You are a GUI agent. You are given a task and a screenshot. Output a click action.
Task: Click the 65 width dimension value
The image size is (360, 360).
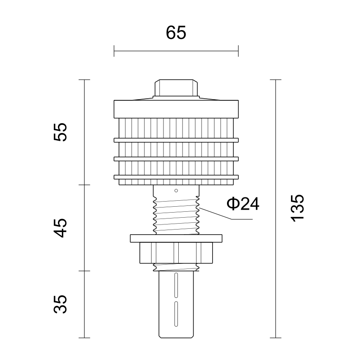tap(176, 33)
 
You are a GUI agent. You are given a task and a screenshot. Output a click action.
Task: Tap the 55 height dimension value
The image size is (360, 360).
tap(60, 132)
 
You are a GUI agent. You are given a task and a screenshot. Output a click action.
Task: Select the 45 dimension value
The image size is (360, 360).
tap(60, 228)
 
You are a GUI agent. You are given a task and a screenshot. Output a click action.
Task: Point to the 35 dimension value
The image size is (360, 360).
tap(60, 304)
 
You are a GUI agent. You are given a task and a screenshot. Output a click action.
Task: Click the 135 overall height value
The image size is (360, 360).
tap(298, 208)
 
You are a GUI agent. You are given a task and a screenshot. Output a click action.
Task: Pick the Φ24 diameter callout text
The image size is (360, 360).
tap(243, 204)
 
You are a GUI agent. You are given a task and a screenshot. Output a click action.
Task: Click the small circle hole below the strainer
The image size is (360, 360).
tap(176, 191)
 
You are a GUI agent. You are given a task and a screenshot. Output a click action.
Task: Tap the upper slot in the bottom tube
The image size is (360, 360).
tap(176, 285)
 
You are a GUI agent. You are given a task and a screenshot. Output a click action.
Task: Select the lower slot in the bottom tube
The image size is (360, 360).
tap(176, 314)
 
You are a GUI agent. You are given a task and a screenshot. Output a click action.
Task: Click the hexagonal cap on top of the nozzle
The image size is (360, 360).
tap(176, 88)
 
